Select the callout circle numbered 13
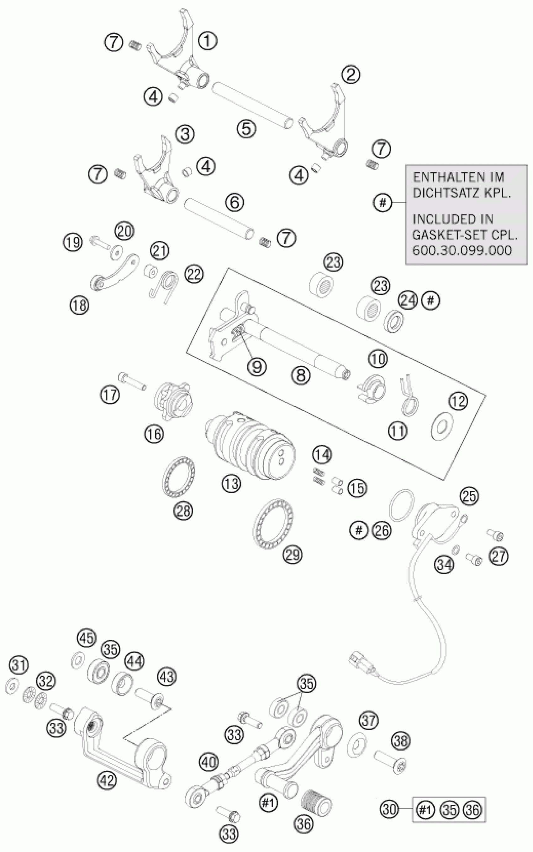(232, 484)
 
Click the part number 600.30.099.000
(462, 250)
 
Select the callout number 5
(246, 128)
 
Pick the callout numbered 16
(154, 434)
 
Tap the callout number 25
(470, 496)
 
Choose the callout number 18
(79, 305)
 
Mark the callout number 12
(458, 402)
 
